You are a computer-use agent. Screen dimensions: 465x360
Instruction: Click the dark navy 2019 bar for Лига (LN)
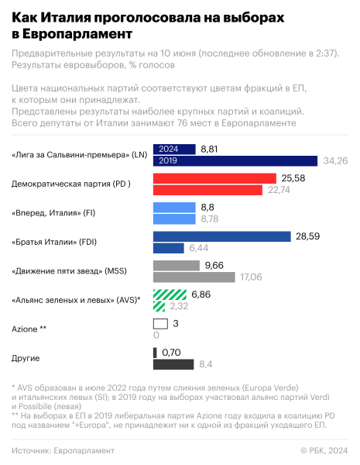pyautogui.click(x=235, y=160)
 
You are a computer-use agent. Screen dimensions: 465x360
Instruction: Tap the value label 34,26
pyautogui.click(x=334, y=160)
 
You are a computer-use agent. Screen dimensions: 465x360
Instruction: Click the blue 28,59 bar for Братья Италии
pyautogui.click(x=221, y=236)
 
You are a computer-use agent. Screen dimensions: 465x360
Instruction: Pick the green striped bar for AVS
pyautogui.click(x=170, y=294)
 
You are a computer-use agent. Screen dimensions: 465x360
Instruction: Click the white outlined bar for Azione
pyautogui.click(x=161, y=324)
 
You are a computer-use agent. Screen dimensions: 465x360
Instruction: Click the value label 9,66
pyautogui.click(x=213, y=265)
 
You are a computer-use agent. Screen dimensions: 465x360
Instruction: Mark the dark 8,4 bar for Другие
pyautogui.click(x=173, y=364)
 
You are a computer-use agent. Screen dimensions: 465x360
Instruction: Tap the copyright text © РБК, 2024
pyautogui.click(x=324, y=450)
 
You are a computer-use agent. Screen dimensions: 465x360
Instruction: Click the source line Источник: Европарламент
pyautogui.click(x=63, y=450)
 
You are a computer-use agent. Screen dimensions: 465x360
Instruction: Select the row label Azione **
pyautogui.click(x=29, y=329)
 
